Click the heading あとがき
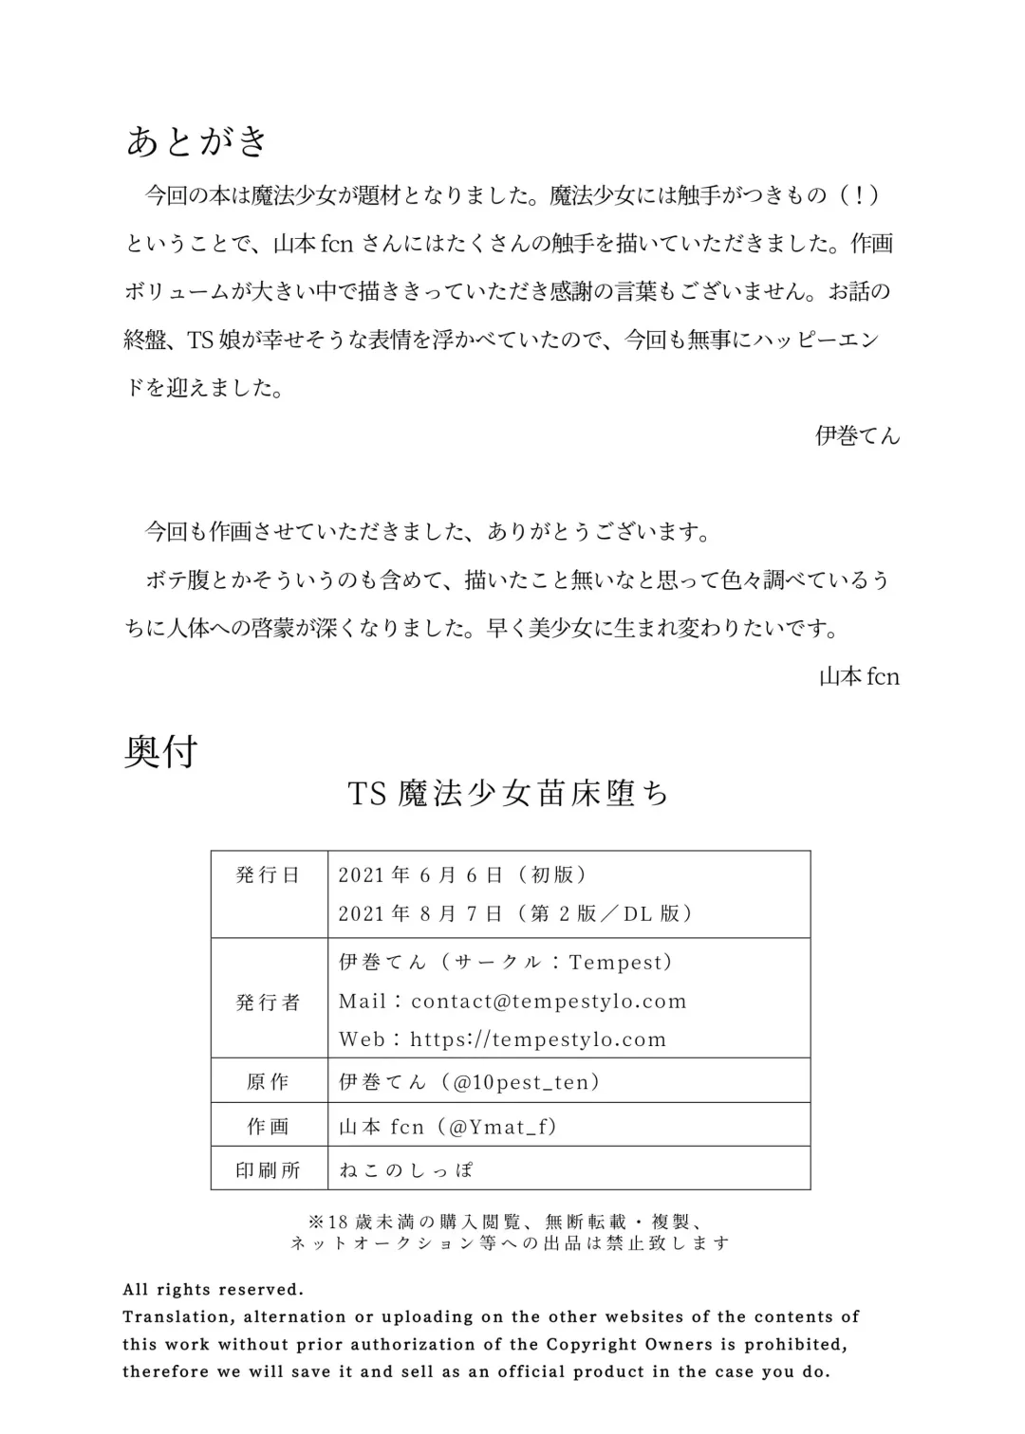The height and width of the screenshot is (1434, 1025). click(198, 141)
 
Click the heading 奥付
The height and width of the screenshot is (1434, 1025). click(161, 752)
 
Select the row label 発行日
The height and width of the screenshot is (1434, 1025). click(269, 875)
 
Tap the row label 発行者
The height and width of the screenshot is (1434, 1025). click(269, 1002)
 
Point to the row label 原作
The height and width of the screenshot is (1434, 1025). click(269, 1082)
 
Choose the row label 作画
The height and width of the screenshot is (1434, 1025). click(269, 1127)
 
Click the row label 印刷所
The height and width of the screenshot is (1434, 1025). click(269, 1170)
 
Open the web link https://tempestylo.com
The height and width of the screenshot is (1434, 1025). click(538, 1039)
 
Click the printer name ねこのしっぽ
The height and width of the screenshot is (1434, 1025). click(406, 1170)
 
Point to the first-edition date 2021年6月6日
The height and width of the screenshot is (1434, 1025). click(420, 875)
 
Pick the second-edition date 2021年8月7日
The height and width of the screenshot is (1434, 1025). click(420, 913)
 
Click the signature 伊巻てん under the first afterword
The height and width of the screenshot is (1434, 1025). click(857, 436)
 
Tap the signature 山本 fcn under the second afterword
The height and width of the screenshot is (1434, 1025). click(859, 677)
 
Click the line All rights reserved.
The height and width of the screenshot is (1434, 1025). click(214, 1290)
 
